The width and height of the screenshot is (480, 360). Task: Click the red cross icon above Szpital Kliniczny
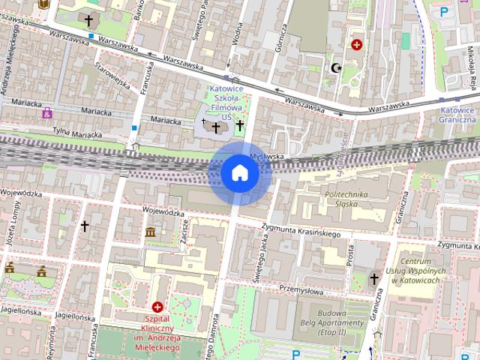pos(157,307)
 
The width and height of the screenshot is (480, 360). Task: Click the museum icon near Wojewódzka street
pos(151,232)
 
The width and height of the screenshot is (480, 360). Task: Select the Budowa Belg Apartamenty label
pos(330,322)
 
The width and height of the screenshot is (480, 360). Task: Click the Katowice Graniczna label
pos(457,114)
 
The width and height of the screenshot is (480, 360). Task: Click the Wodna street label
pos(238,29)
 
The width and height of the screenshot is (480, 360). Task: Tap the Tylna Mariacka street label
pos(76,133)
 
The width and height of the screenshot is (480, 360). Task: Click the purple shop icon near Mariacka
pos(48,112)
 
